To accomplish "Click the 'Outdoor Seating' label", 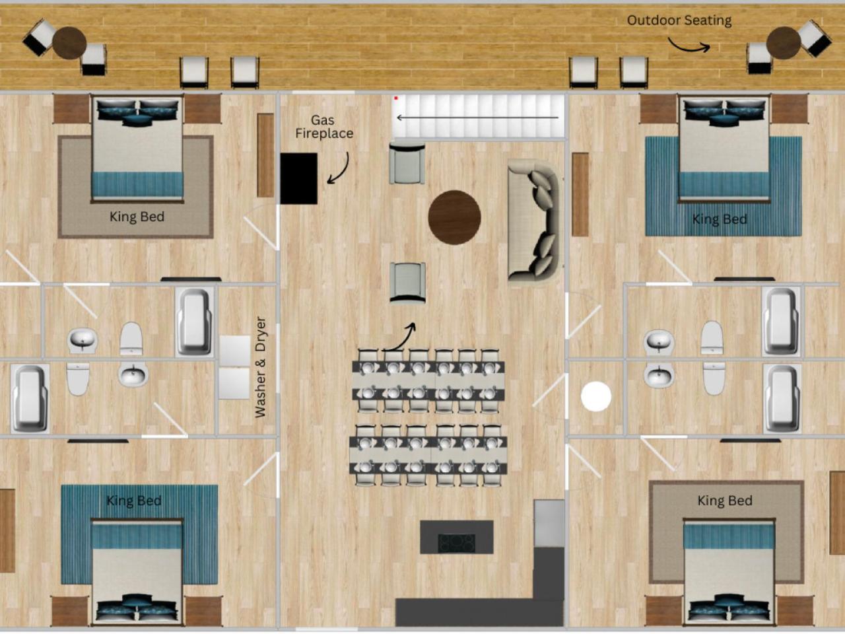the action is [x=679, y=20].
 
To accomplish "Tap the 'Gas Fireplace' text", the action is [x=323, y=127].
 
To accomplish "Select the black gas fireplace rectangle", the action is [x=299, y=178].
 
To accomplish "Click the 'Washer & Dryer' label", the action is [x=261, y=367].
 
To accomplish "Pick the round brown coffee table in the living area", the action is [x=454, y=217].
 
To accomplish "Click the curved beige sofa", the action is [x=533, y=220].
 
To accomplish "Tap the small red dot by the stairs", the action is [x=395, y=98].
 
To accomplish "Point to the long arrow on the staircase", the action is [x=477, y=118].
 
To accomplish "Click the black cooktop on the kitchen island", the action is [x=457, y=543].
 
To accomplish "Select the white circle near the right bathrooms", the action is [x=596, y=396].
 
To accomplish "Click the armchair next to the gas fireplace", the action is [x=407, y=163].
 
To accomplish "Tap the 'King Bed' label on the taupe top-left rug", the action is [x=137, y=217].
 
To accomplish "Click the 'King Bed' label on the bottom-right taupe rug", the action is [x=725, y=501].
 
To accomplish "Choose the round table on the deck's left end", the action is [x=69, y=43].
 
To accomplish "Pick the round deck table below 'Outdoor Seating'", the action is [x=784, y=43].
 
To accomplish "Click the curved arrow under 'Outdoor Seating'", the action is [x=689, y=46].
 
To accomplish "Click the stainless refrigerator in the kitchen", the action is [x=549, y=523].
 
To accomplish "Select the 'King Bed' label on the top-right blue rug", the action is [x=720, y=219].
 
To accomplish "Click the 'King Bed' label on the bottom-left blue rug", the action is [x=133, y=501].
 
